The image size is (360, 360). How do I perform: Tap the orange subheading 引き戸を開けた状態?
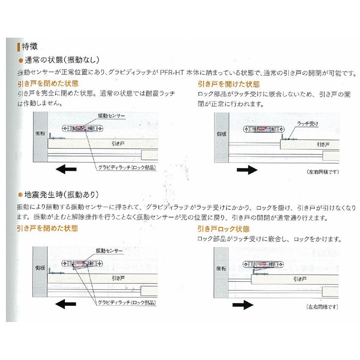[228, 84]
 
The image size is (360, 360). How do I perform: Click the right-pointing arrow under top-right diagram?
[247, 170]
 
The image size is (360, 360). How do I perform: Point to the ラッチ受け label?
[308, 124]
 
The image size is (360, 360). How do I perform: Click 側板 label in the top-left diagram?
[40, 133]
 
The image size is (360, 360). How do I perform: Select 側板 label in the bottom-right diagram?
[221, 268]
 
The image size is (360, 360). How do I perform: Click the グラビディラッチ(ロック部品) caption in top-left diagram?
[126, 168]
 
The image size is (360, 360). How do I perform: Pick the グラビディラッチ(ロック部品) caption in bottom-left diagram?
[126, 302]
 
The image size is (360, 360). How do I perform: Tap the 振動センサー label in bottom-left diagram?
[109, 250]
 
